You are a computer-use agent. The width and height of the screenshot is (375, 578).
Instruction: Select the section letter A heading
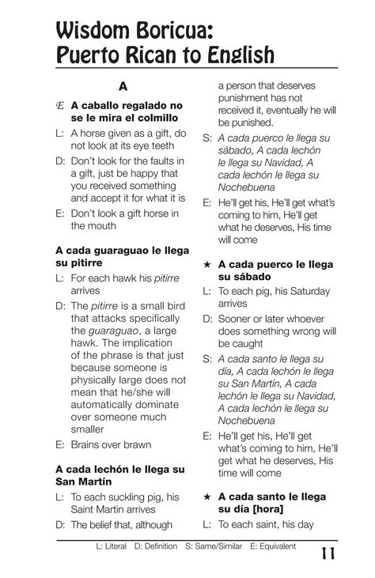point(123,85)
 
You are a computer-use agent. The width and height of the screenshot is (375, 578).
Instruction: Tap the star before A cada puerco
point(206,264)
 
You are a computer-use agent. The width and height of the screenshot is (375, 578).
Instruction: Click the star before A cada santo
point(206,496)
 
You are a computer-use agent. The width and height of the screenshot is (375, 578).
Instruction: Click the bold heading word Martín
point(96,482)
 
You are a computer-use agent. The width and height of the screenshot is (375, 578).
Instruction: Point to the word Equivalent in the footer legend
point(274,546)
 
